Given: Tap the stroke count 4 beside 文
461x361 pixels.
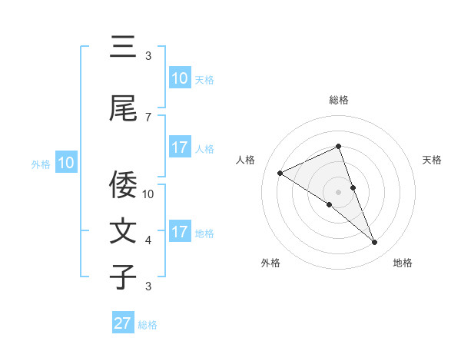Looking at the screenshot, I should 148,240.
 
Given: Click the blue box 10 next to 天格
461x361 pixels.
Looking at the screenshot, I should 179,78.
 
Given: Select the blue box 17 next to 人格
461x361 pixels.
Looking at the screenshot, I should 179,147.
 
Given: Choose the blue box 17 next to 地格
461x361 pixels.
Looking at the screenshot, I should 179,232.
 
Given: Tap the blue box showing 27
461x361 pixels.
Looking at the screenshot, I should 122,323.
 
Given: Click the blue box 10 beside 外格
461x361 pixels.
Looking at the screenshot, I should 66,163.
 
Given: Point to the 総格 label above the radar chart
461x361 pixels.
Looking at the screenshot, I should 339,100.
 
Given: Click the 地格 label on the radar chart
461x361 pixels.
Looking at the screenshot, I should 403,263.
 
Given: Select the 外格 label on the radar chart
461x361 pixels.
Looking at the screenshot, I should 270,263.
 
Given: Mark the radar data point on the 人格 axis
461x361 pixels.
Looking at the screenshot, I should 280,174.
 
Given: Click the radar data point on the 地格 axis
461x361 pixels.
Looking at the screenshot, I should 375,243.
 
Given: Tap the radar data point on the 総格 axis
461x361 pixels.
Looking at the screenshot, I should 339,147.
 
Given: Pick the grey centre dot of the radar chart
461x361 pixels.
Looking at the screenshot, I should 339,191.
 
